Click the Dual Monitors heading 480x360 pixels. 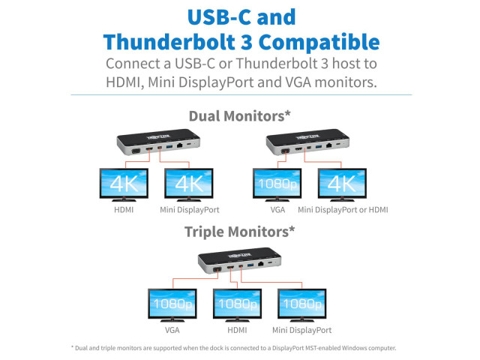coord(239,116)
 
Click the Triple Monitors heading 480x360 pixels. coord(239,232)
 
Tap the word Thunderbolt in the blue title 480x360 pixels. coord(169,42)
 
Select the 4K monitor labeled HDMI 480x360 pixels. coord(124,184)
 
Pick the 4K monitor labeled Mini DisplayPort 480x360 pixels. coord(189,184)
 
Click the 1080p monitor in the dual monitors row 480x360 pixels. coord(277,184)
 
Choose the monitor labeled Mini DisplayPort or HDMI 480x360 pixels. coord(342,184)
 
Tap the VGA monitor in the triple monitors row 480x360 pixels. coord(172,305)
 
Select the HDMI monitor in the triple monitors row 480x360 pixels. coord(237,305)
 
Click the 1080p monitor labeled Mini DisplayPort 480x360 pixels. coord(302,305)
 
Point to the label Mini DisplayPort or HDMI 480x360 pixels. coord(343,210)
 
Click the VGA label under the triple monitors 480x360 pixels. coord(172,330)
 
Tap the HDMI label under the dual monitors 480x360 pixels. coord(124,210)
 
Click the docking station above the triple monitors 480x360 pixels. coord(239,260)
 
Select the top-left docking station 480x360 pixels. coord(158,142)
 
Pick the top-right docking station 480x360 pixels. coord(307,142)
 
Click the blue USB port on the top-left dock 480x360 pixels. coord(169,146)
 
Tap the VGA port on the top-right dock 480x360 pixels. coord(285,151)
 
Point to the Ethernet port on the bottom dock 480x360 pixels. coord(261,263)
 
